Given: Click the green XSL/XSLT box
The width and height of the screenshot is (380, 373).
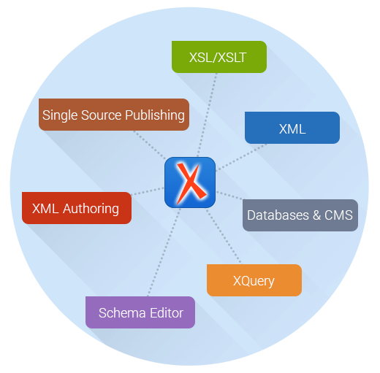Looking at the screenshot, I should pos(218,57).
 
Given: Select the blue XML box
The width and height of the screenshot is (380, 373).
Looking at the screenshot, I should pos(292,128).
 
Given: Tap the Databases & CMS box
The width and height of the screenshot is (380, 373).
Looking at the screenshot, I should pos(300,215).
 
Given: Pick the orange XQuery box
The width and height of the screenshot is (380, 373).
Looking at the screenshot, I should pos(254,280).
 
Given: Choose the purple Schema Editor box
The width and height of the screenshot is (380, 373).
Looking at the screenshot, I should pos(140,312).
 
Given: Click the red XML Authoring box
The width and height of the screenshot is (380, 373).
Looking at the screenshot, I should pos(77,208).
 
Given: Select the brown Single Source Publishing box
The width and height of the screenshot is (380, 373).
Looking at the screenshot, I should pos(113,115).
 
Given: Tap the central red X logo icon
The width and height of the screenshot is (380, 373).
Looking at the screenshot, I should pos(189,182).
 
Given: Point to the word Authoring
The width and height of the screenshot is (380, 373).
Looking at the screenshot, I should pos(91,209).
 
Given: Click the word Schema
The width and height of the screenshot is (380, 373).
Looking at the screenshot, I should pos(120,312).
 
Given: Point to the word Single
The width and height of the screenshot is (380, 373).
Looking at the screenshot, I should pos(58,115).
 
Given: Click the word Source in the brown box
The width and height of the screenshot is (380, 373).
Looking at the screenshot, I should pos(97,115).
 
